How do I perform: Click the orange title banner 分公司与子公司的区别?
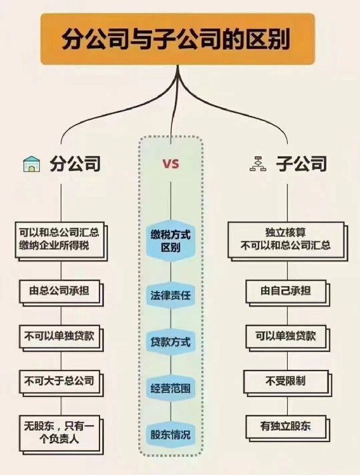tap(177, 39)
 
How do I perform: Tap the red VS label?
tap(171, 164)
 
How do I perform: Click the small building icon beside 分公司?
tap(32, 164)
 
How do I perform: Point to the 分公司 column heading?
tap(75, 164)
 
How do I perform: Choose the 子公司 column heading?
tap(302, 164)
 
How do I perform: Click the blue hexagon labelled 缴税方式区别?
tap(170, 241)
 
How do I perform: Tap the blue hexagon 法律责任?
tap(170, 295)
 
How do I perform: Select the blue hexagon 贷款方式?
tap(170, 342)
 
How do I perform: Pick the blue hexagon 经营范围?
tap(170, 388)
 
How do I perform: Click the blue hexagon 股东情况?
tap(170, 434)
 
